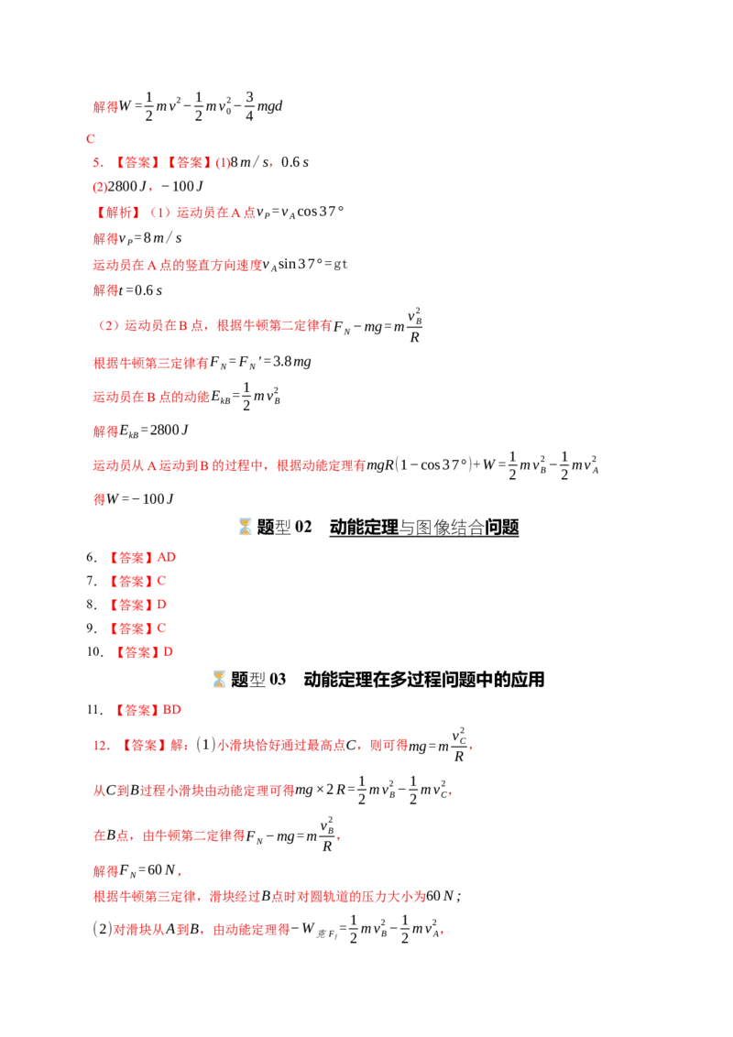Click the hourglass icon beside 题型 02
click(x=245, y=527)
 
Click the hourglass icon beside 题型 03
click(x=219, y=679)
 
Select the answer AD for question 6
click(x=166, y=557)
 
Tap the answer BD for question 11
click(x=172, y=710)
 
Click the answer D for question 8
click(x=161, y=605)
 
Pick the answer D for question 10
click(x=168, y=652)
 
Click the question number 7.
click(x=92, y=581)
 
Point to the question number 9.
click(x=92, y=628)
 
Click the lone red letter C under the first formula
click(x=91, y=139)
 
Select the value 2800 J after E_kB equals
click(x=170, y=431)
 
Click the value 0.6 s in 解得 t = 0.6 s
click(x=148, y=290)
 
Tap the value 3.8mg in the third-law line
click(x=291, y=362)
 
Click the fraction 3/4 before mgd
click(x=249, y=106)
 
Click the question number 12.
click(x=101, y=746)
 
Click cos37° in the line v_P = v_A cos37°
click(x=320, y=212)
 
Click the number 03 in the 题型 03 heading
click(x=278, y=679)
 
